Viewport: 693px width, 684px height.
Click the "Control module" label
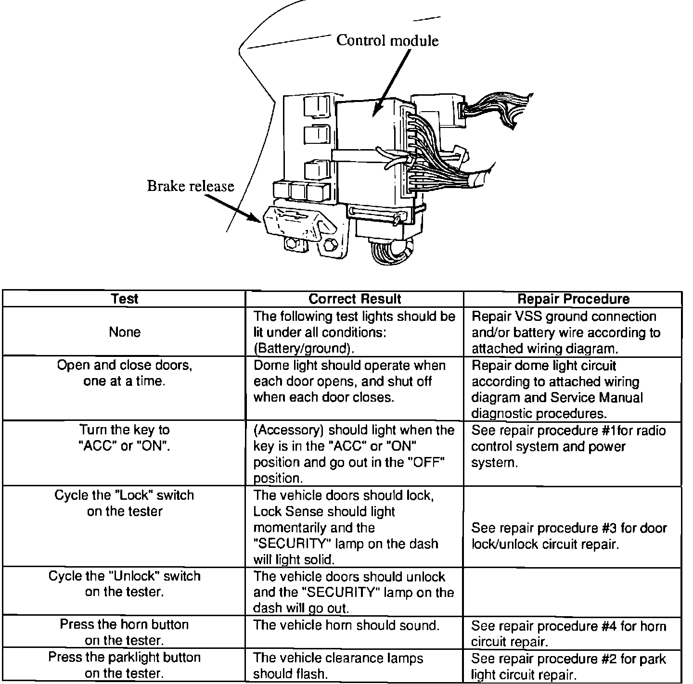(387, 40)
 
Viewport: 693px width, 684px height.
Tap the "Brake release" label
(190, 186)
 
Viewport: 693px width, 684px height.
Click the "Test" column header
(125, 299)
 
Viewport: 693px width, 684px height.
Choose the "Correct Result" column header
(355, 299)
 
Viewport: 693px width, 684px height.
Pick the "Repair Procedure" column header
(573, 299)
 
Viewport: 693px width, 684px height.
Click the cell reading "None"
(125, 332)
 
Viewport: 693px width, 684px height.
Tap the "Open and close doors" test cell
(125, 373)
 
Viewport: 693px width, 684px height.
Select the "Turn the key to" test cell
(125, 438)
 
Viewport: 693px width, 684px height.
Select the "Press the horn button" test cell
(125, 632)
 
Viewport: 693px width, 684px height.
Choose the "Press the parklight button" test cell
(125, 665)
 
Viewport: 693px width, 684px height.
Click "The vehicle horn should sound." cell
(346, 625)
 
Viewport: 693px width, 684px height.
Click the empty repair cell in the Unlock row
(573, 591)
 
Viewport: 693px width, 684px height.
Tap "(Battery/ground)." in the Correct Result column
(307, 348)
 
